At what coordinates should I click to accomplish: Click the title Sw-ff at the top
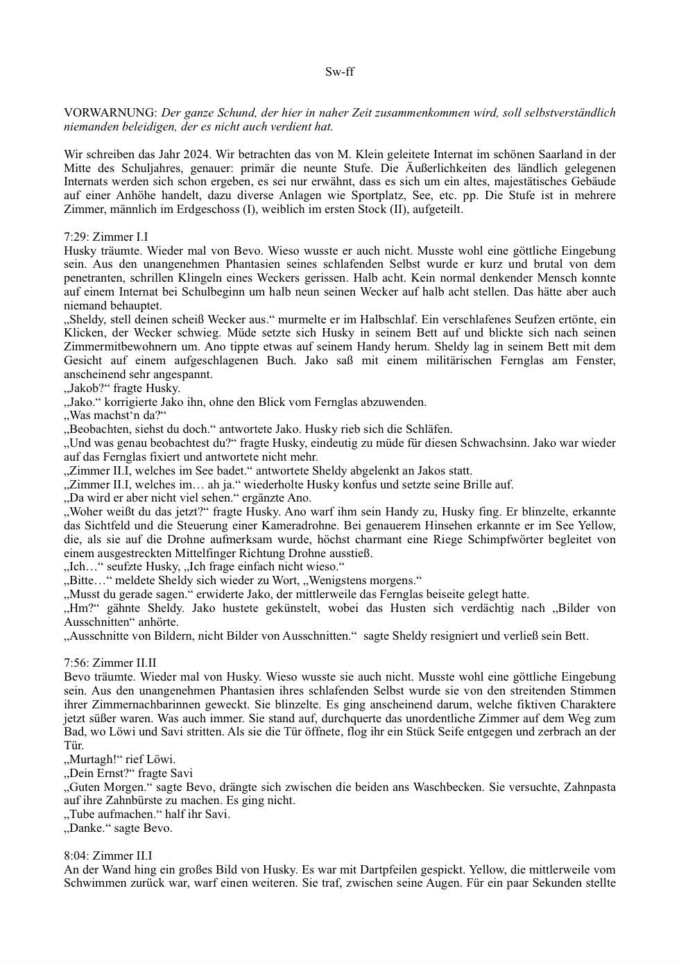(339, 71)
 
